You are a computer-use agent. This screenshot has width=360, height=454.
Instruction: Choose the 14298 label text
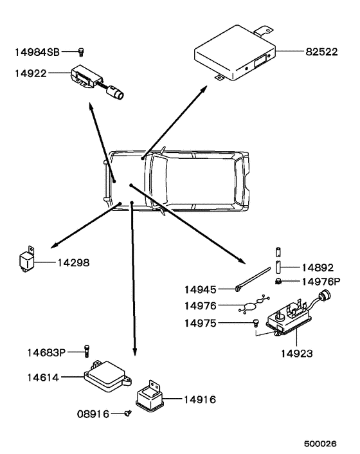(73, 263)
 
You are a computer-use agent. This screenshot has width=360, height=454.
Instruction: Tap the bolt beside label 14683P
(85, 351)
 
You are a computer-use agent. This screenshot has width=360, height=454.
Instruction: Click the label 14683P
(46, 352)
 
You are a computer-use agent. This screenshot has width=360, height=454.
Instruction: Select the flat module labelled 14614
(104, 376)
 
